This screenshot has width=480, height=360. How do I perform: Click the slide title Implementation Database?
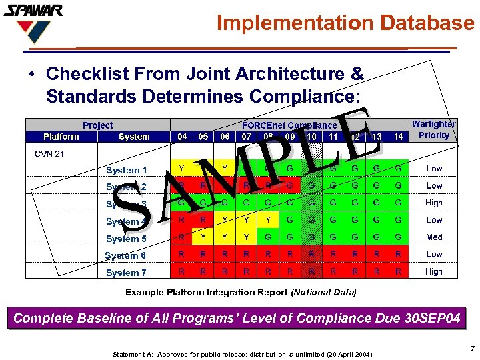click(346, 23)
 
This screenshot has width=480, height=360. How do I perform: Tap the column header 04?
click(182, 137)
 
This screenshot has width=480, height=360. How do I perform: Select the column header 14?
click(398, 137)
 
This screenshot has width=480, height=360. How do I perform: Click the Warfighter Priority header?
click(434, 129)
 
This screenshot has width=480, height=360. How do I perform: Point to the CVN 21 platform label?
click(49, 154)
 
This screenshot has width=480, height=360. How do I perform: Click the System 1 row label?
click(126, 170)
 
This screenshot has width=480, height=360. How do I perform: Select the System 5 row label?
click(126, 239)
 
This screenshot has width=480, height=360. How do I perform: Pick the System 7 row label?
click(126, 273)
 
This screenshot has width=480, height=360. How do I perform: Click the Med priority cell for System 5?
click(434, 237)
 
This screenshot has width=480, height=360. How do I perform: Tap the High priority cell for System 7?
click(434, 271)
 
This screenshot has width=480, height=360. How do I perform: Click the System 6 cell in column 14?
click(398, 255)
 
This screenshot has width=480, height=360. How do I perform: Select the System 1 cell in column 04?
click(182, 169)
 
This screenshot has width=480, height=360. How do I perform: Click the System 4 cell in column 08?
click(268, 220)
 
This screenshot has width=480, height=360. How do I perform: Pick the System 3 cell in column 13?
click(377, 203)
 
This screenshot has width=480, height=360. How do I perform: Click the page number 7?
click(471, 349)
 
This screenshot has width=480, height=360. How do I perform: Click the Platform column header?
click(61, 137)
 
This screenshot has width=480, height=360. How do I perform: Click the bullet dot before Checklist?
click(32, 73)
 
